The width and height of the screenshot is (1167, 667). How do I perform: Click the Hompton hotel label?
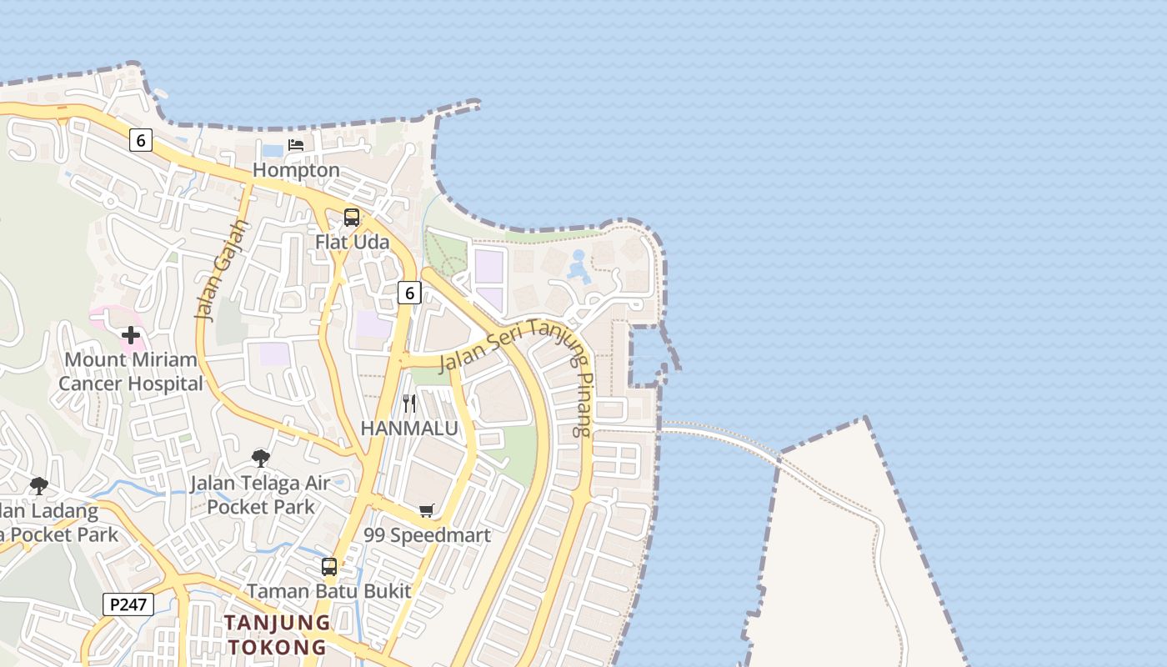click(296, 170)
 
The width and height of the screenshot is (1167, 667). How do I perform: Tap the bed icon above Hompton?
click(296, 145)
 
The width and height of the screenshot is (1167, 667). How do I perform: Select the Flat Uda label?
click(352, 242)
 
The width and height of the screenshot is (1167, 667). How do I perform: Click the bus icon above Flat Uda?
click(352, 218)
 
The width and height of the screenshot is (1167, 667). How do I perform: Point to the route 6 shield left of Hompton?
click(141, 141)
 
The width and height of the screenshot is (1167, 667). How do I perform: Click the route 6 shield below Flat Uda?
click(408, 293)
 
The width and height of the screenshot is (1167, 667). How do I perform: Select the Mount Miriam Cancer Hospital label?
click(131, 372)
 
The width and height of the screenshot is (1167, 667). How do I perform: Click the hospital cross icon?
click(131, 335)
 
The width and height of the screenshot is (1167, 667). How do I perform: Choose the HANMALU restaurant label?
click(409, 429)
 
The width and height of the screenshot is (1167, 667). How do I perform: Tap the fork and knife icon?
click(409, 404)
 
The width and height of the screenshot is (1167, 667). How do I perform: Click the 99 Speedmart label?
click(427, 535)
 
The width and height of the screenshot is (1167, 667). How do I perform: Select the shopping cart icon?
click(427, 510)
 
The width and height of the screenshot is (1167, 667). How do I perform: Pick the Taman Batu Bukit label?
click(329, 591)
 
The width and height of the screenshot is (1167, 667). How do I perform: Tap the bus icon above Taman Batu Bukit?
click(329, 567)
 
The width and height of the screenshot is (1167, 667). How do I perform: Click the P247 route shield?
click(128, 604)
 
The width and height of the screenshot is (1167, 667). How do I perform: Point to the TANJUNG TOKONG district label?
click(277, 634)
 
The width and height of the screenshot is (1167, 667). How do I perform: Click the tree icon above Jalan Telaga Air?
click(261, 458)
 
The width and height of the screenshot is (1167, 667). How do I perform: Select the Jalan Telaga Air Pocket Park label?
click(261, 494)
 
